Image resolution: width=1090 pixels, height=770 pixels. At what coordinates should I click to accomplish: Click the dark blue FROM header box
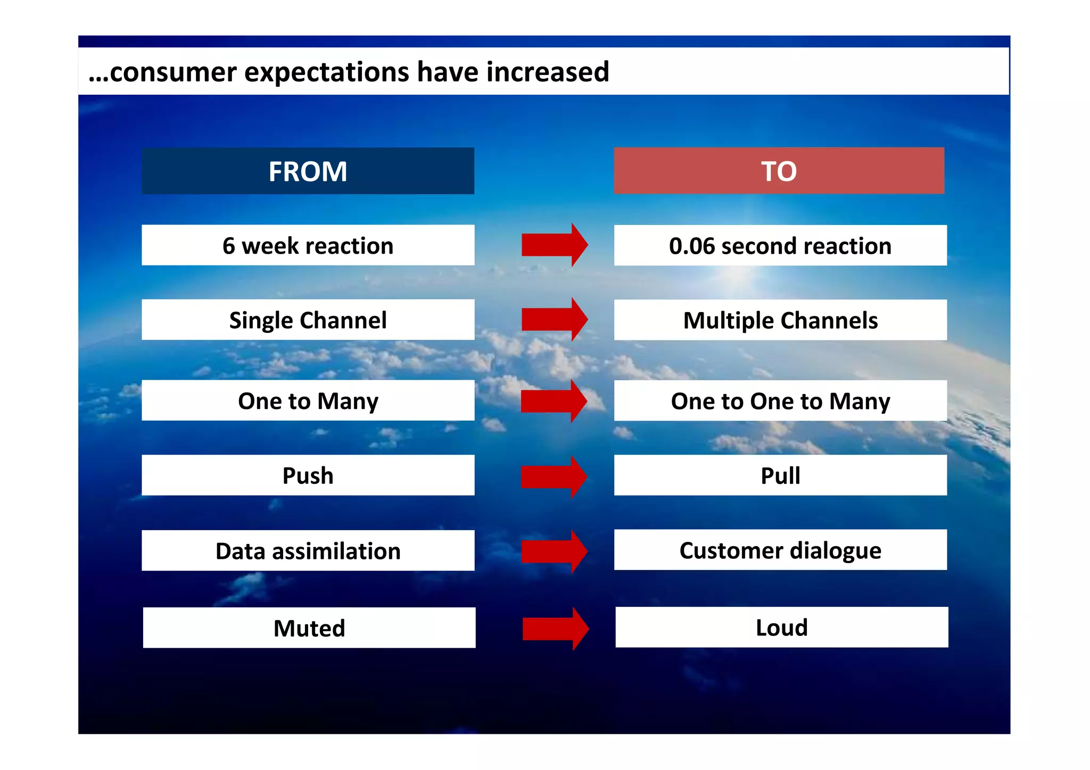308,171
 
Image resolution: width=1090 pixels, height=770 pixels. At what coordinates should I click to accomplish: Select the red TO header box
779,171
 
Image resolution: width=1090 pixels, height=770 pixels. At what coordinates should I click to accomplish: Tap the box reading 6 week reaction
308,245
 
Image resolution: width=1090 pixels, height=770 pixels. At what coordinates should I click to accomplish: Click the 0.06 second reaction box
780,245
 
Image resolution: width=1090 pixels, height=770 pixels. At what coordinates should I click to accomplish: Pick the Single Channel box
308,320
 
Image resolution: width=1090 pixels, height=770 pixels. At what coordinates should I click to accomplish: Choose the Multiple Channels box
780,320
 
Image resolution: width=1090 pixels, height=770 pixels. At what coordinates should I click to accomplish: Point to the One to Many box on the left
308,400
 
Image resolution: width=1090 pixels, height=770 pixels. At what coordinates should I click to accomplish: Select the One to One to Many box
780,400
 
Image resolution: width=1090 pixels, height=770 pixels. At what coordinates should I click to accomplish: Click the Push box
308,475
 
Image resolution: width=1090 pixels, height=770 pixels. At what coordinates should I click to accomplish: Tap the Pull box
780,475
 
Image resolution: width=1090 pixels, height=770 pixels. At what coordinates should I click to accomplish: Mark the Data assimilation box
308,550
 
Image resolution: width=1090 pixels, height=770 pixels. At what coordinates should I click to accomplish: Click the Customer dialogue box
780,550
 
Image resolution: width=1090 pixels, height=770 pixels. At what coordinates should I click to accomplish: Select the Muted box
309,627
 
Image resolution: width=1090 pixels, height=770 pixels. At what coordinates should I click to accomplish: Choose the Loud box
781,627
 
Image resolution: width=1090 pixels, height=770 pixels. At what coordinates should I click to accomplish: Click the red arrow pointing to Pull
554,476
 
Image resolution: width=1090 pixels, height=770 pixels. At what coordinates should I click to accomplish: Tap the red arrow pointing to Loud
555,629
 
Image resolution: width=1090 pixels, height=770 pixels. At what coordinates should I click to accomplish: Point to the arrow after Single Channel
554,319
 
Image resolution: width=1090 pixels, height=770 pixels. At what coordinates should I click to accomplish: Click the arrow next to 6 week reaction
554,245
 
